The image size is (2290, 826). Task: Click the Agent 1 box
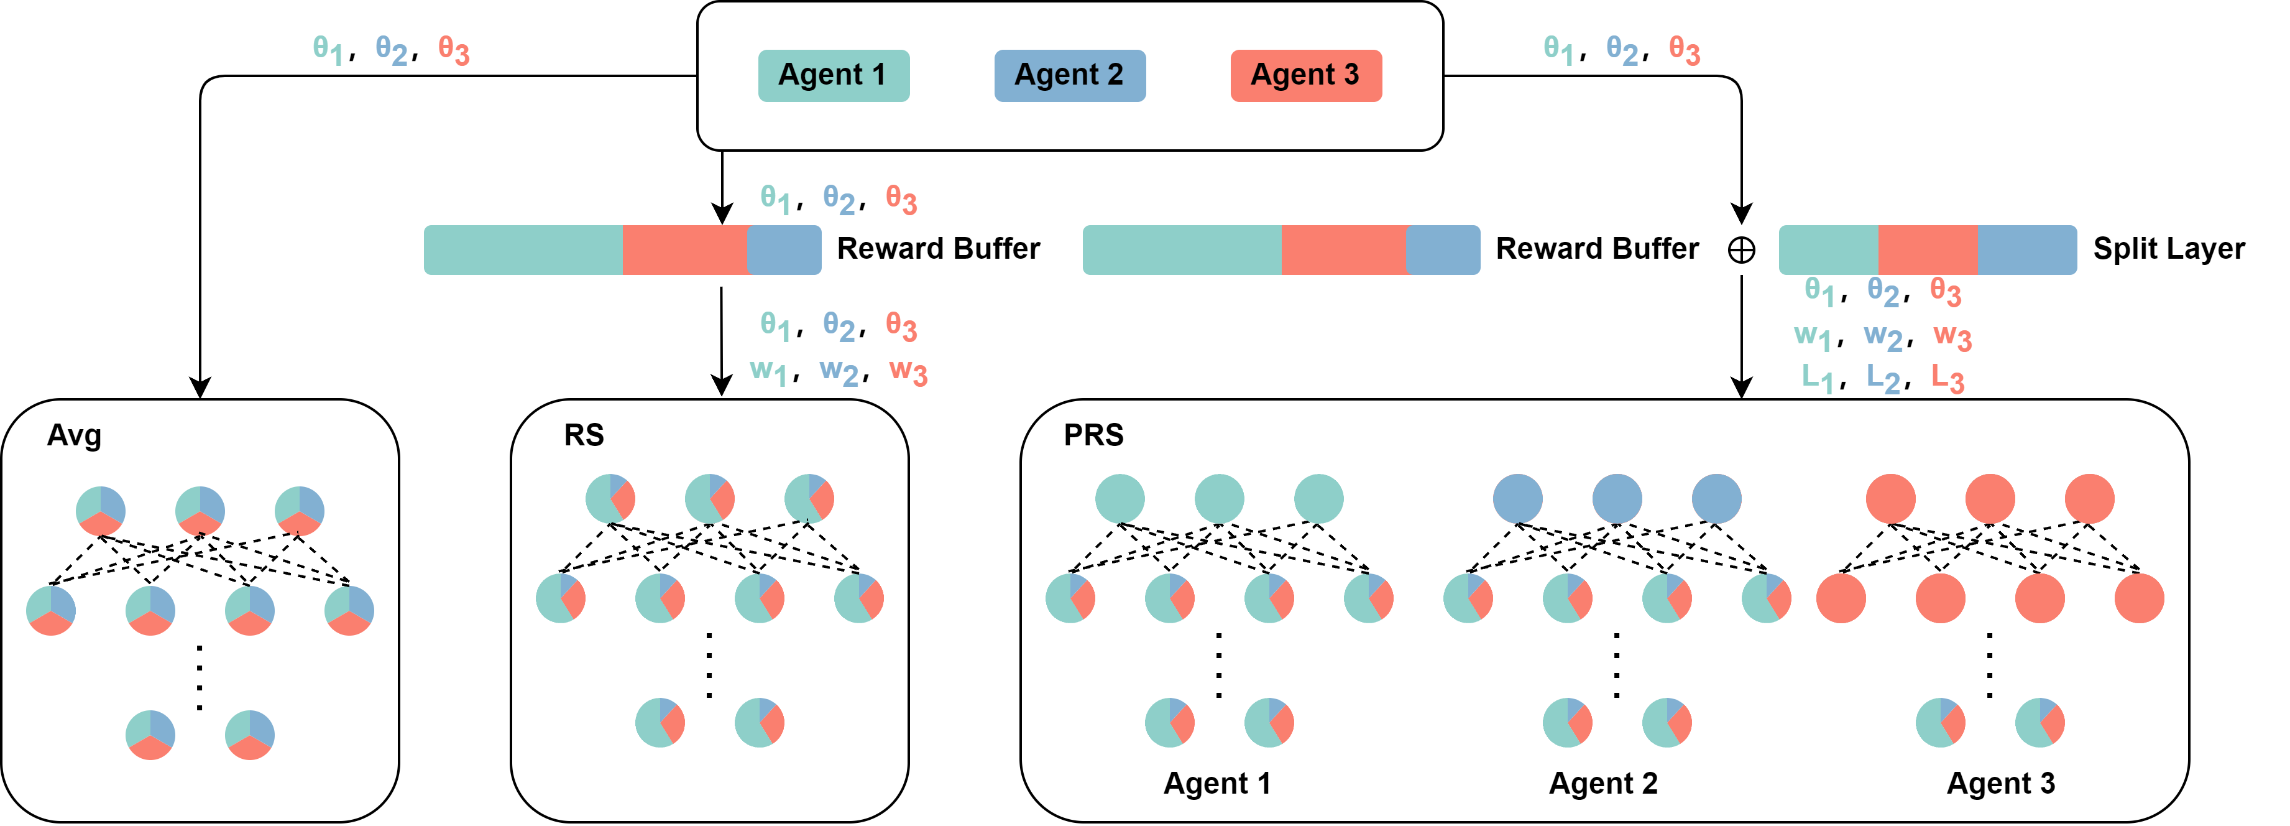833,76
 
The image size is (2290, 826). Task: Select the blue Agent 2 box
1069,76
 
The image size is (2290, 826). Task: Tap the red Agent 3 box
1305,76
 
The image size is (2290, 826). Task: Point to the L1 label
1817,379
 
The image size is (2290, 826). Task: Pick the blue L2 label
1883,379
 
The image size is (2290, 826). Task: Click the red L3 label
1947,379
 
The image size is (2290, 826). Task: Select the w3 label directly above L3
1952,337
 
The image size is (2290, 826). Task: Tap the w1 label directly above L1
1812,337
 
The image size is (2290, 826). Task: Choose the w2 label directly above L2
1883,337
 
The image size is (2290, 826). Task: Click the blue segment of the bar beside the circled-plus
2027,251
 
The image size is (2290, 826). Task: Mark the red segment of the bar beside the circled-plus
1928,251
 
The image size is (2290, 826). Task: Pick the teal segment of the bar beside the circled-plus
1828,251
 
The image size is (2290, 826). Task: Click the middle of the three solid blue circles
1617,499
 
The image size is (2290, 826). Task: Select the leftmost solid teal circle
1120,499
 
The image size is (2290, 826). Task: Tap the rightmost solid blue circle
1716,499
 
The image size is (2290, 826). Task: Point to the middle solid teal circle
1219,499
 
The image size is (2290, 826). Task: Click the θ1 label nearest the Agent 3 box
1558,50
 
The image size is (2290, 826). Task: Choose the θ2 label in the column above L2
1883,292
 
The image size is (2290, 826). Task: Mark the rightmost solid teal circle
1318,499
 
